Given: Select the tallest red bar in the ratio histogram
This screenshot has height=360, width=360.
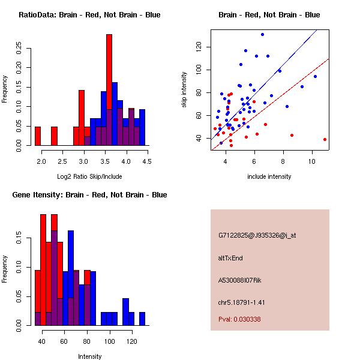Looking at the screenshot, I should tap(109, 90).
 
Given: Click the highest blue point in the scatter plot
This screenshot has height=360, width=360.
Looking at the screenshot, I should tap(262, 34).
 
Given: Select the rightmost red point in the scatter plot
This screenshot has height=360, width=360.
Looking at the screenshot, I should tap(325, 139).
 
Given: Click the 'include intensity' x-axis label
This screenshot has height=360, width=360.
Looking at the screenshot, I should tap(269, 176).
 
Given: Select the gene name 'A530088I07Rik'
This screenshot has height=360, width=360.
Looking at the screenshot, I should tap(245, 280).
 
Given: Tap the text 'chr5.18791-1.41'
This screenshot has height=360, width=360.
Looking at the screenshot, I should tap(242, 302).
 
